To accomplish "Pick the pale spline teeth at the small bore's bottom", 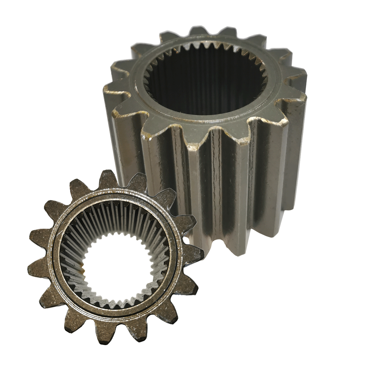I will pos(116,301).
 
